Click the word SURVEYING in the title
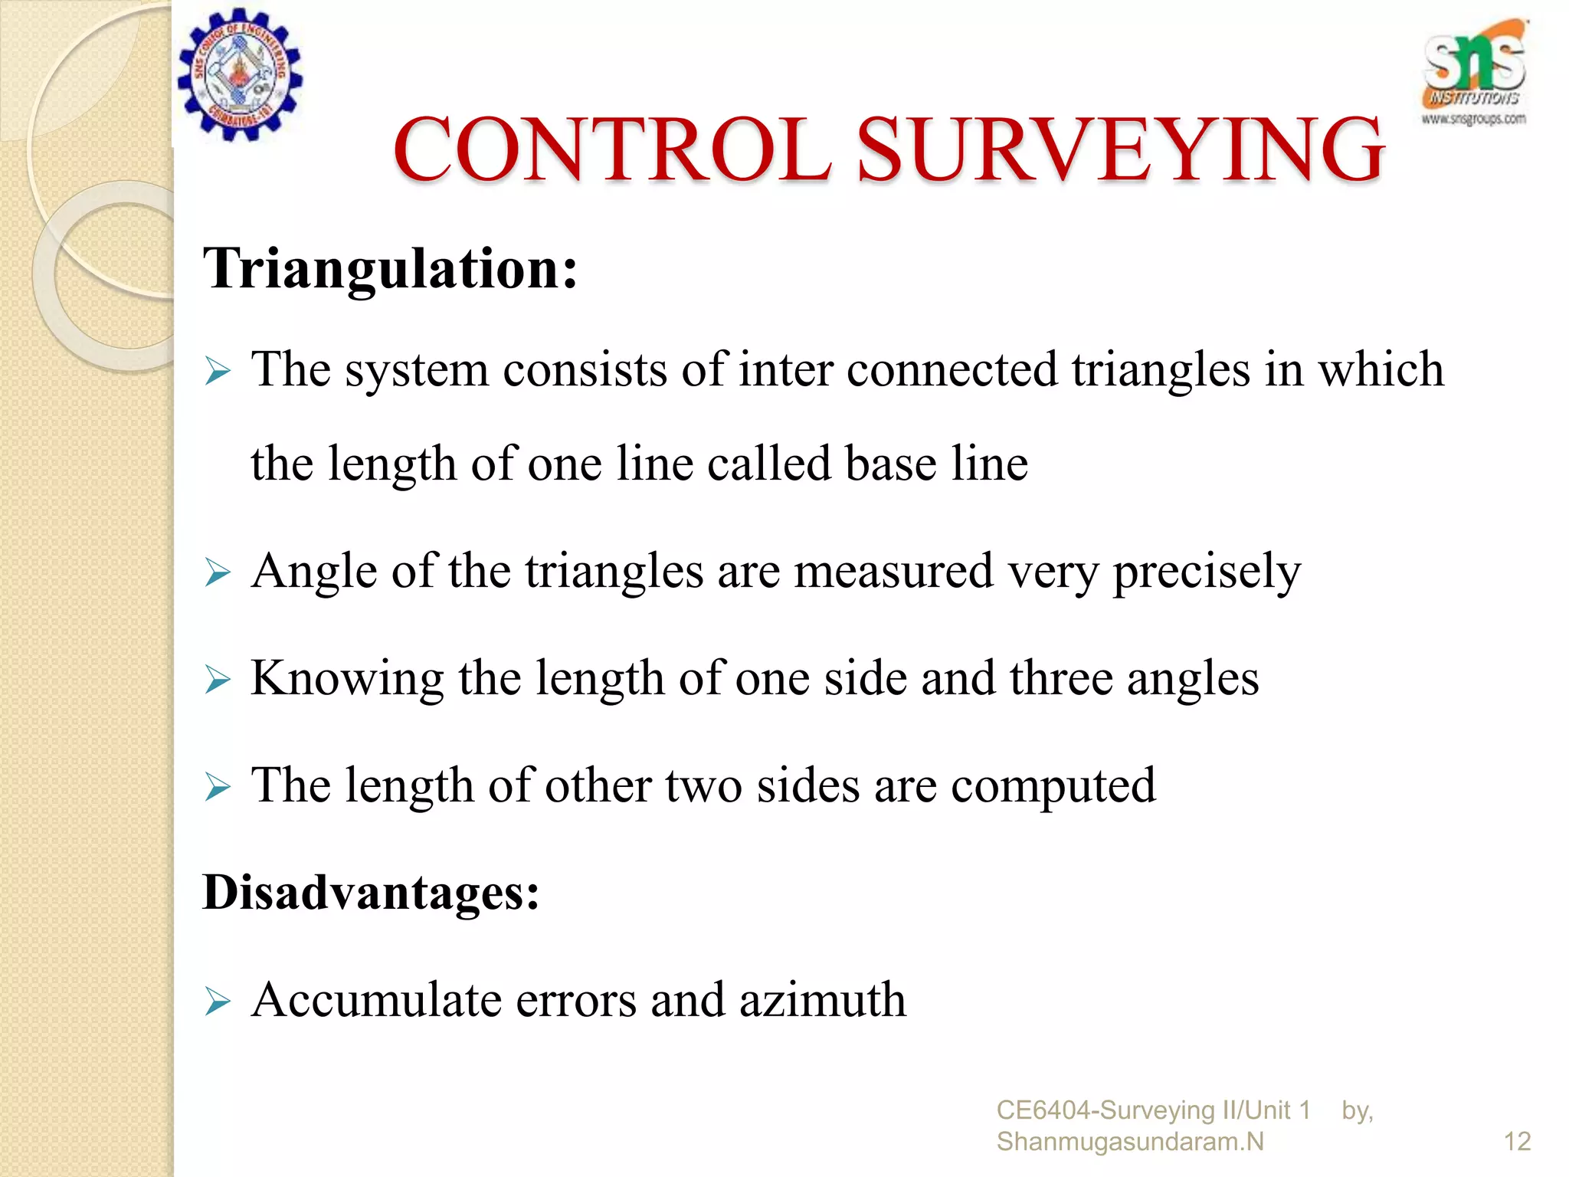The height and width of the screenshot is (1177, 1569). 1120,150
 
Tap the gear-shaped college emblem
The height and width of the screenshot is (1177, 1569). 241,75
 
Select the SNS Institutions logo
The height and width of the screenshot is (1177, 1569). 1473,74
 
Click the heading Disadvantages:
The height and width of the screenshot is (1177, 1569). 372,893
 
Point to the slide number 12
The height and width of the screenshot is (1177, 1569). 1517,1142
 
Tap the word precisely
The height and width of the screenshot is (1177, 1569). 1207,572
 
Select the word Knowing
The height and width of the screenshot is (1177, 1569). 347,679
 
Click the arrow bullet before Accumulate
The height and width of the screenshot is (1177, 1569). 218,1002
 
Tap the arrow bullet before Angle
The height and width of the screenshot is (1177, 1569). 218,572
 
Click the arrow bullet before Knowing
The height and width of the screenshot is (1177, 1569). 218,680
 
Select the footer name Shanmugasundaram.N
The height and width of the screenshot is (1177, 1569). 1130,1142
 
